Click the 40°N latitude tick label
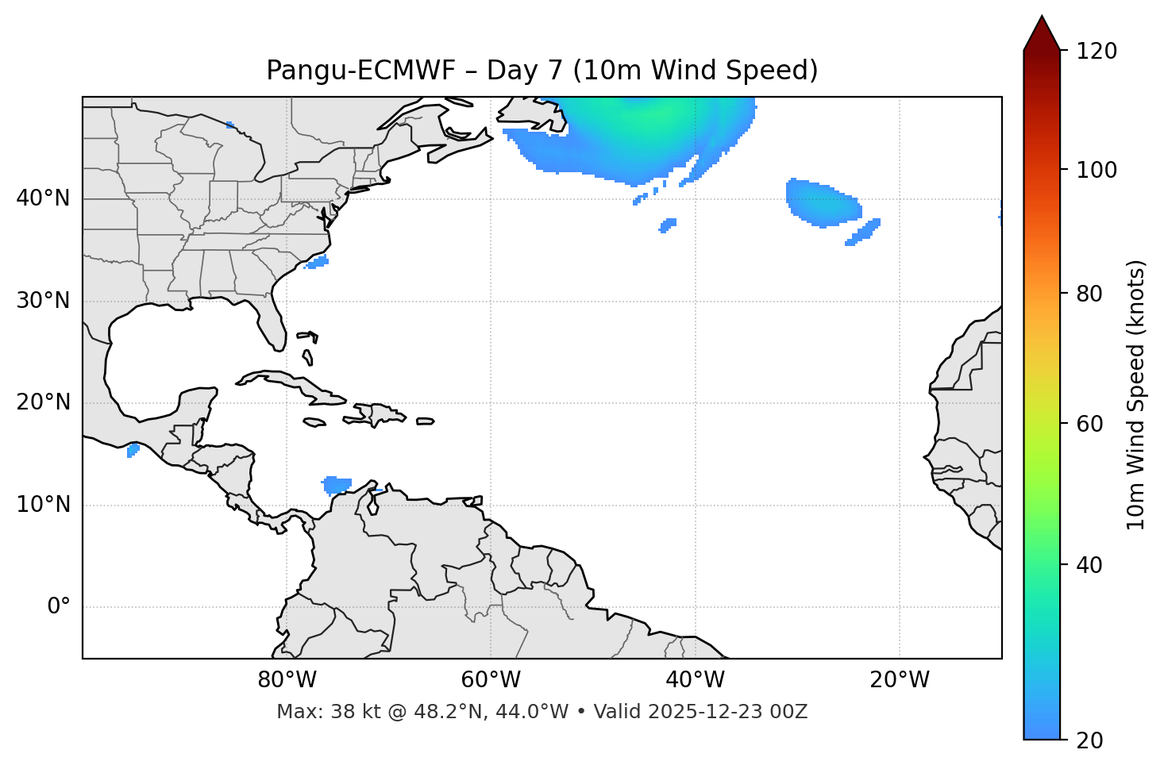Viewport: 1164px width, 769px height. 43,198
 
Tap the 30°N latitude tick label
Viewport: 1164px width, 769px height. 43,301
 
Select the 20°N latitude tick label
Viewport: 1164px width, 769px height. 43,402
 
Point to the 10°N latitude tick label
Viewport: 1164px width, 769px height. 43,505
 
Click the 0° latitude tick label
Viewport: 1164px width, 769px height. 58,607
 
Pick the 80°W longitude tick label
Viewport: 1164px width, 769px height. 287,680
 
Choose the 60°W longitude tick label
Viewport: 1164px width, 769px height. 491,680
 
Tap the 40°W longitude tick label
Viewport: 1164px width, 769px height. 696,680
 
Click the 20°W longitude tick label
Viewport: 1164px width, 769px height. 900,680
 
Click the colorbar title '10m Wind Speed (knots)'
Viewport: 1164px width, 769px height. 1136,394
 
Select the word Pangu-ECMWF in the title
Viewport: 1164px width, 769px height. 360,71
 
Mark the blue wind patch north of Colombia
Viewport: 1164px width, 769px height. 337,484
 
